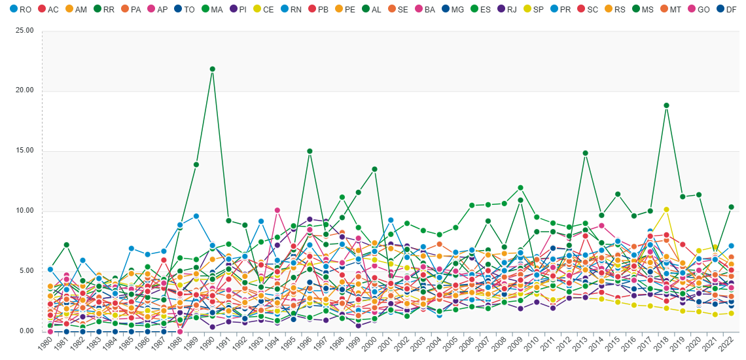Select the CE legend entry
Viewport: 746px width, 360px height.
262,9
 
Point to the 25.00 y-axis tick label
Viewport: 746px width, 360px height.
24,31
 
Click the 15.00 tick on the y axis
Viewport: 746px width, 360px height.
24,151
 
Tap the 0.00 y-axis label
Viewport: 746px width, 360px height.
26,331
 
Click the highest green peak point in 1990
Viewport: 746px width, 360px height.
213,69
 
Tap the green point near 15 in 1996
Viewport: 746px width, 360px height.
310,151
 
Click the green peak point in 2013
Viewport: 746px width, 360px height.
586,153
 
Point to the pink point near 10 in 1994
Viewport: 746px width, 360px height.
277,210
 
